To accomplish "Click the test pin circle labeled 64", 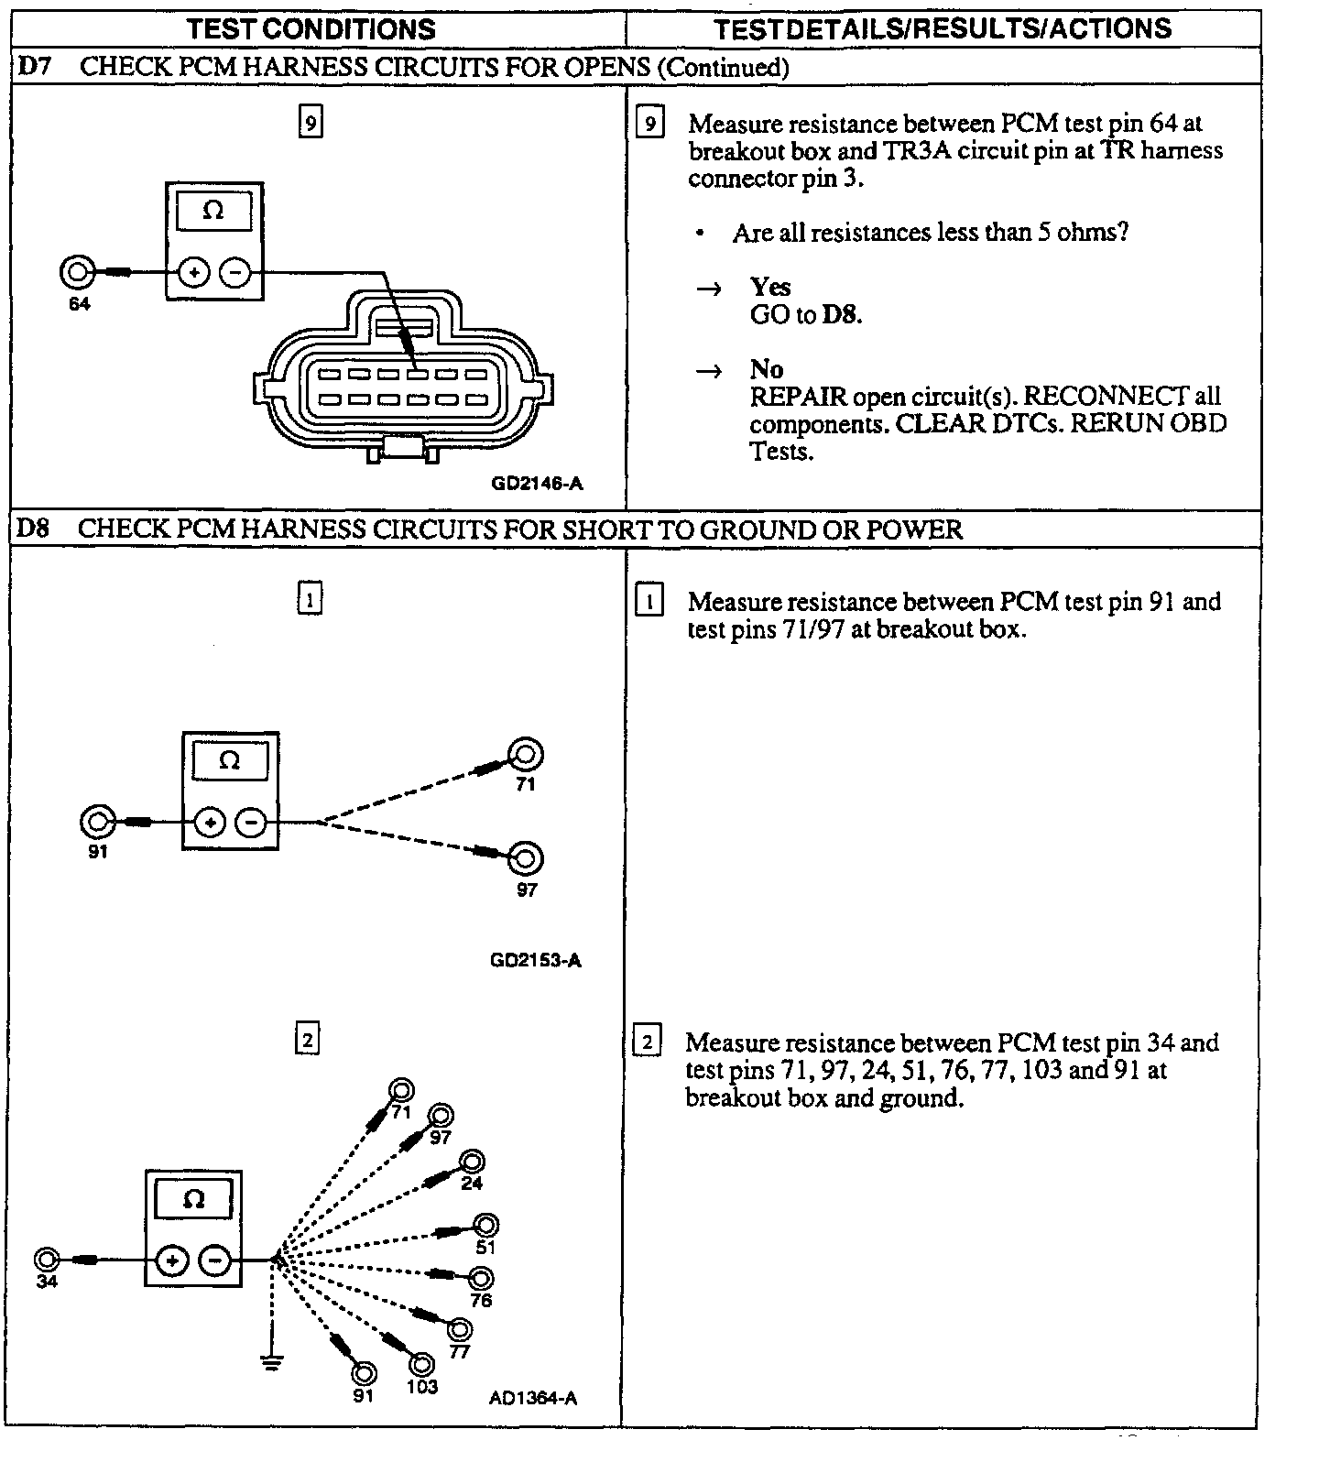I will click(78, 272).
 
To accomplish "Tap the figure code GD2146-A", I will click(537, 483).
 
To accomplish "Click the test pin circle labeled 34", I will click(47, 1260).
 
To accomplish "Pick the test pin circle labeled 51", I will click(485, 1226).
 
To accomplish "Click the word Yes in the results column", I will click(769, 287).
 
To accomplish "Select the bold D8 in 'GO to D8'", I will click(842, 315).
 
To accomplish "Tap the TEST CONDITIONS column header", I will click(311, 29).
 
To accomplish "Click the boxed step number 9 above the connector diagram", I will click(311, 122).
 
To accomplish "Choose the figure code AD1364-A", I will click(533, 1398).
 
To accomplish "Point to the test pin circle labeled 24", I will click(472, 1162).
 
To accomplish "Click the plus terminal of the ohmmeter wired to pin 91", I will click(211, 823).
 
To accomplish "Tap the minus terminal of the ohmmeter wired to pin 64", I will click(235, 272).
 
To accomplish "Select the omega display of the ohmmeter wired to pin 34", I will click(193, 1199).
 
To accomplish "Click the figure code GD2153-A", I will click(536, 960).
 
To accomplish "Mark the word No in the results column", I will click(767, 369).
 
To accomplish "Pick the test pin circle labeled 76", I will click(481, 1279).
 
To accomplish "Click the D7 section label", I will click(33, 67).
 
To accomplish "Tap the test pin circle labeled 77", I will click(460, 1329).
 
